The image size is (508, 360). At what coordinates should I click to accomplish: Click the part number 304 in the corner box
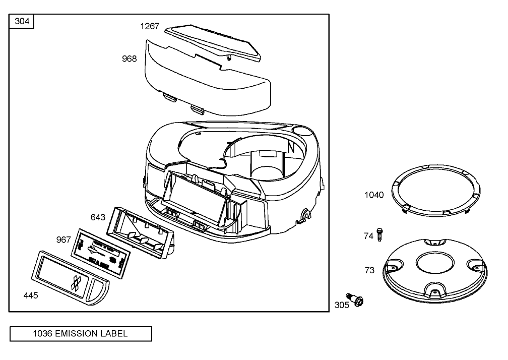(22, 21)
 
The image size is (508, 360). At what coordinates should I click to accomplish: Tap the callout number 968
(130, 59)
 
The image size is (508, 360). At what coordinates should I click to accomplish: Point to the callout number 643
(98, 217)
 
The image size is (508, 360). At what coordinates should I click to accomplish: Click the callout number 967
(63, 239)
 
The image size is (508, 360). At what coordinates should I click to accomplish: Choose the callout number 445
(30, 295)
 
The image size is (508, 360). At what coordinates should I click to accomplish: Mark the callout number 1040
(374, 195)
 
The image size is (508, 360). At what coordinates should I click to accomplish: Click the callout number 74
(369, 235)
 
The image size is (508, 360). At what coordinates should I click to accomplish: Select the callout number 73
(369, 270)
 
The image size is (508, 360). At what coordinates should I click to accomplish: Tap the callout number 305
(342, 305)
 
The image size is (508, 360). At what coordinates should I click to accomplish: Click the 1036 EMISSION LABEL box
(80, 333)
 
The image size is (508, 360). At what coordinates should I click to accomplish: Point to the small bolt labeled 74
(380, 234)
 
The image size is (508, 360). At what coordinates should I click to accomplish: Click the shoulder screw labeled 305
(355, 300)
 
